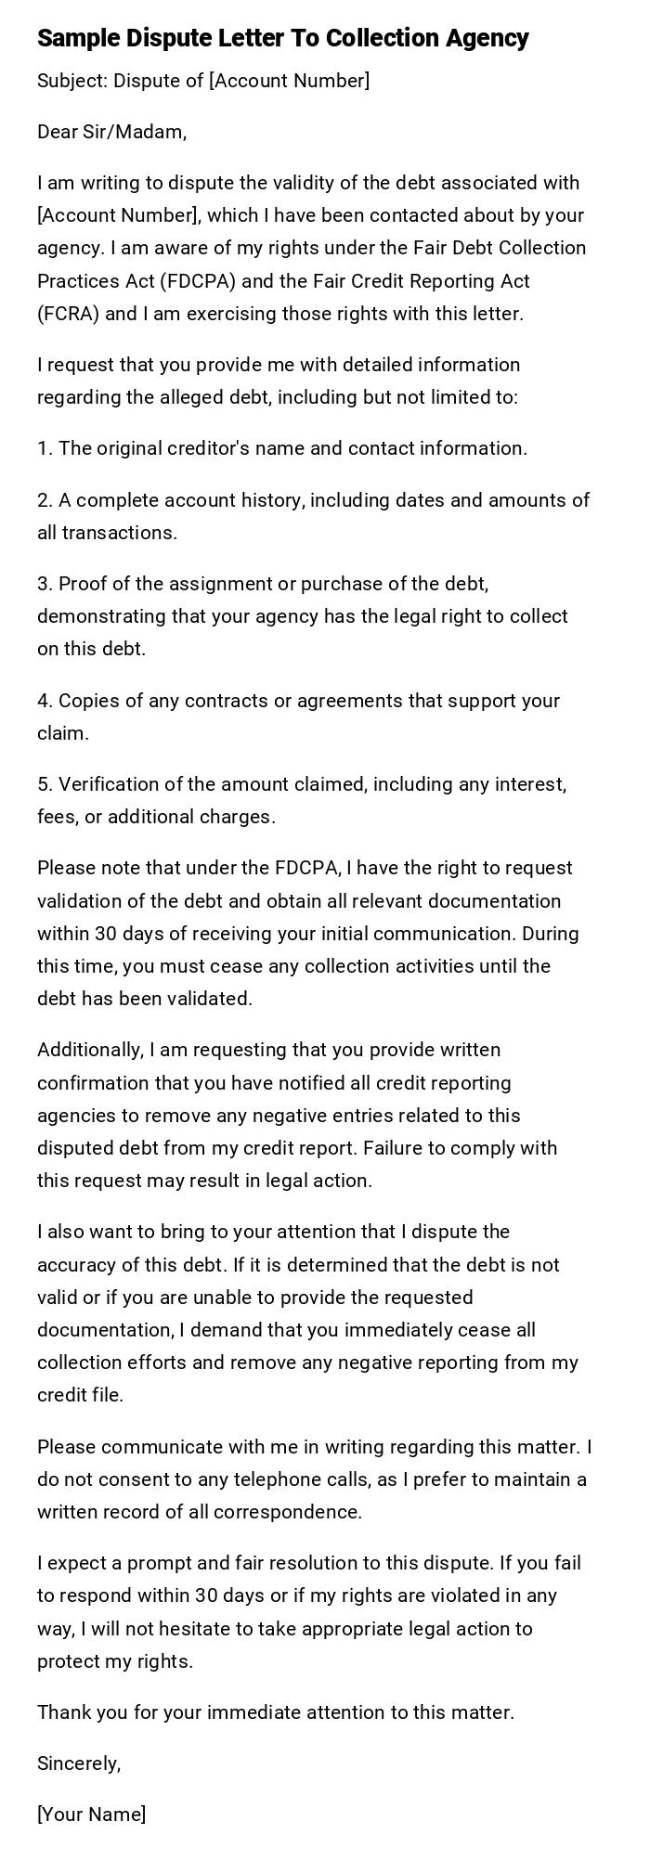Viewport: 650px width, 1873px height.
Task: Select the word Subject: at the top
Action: click(x=71, y=81)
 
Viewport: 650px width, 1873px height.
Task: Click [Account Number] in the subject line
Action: click(x=289, y=81)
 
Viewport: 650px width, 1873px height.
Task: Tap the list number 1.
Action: click(x=45, y=448)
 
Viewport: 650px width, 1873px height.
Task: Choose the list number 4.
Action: click(x=45, y=701)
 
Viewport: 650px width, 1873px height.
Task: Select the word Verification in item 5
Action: click(x=110, y=784)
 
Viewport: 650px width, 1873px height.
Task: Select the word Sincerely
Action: click(x=79, y=1763)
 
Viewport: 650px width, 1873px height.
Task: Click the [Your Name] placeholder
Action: click(x=91, y=1815)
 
